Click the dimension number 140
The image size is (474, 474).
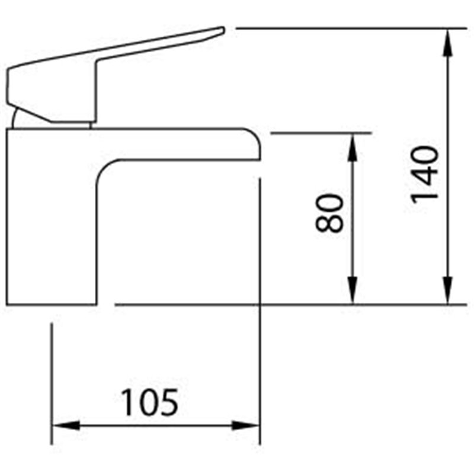pyautogui.click(x=424, y=175)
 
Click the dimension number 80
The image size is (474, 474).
pyautogui.click(x=329, y=213)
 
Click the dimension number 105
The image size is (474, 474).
pyautogui.click(x=149, y=402)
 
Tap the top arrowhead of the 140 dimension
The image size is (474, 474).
pyautogui.click(x=447, y=42)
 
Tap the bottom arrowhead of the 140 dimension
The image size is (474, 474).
pyautogui.click(x=447, y=290)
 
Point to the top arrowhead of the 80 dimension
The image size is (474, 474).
pyautogui.click(x=353, y=147)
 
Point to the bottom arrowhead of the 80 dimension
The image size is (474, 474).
pyautogui.click(x=353, y=290)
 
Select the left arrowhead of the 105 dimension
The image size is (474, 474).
pyautogui.click(x=66, y=425)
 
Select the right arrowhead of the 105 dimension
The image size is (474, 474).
pyautogui.click(x=245, y=425)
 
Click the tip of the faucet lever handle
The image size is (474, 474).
pyautogui.click(x=224, y=29)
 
